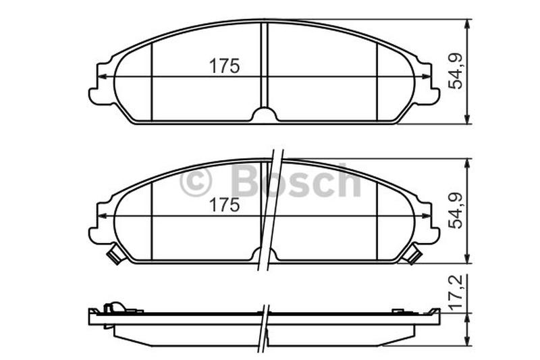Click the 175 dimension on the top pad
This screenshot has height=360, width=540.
(225, 66)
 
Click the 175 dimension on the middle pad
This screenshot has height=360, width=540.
(225, 205)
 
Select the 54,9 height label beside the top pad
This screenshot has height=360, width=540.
(457, 72)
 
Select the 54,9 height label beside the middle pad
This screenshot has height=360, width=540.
(457, 211)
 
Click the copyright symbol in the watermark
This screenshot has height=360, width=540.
(195, 182)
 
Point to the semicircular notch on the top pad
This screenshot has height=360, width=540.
(265, 114)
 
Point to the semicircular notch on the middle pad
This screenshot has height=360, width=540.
(265, 253)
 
